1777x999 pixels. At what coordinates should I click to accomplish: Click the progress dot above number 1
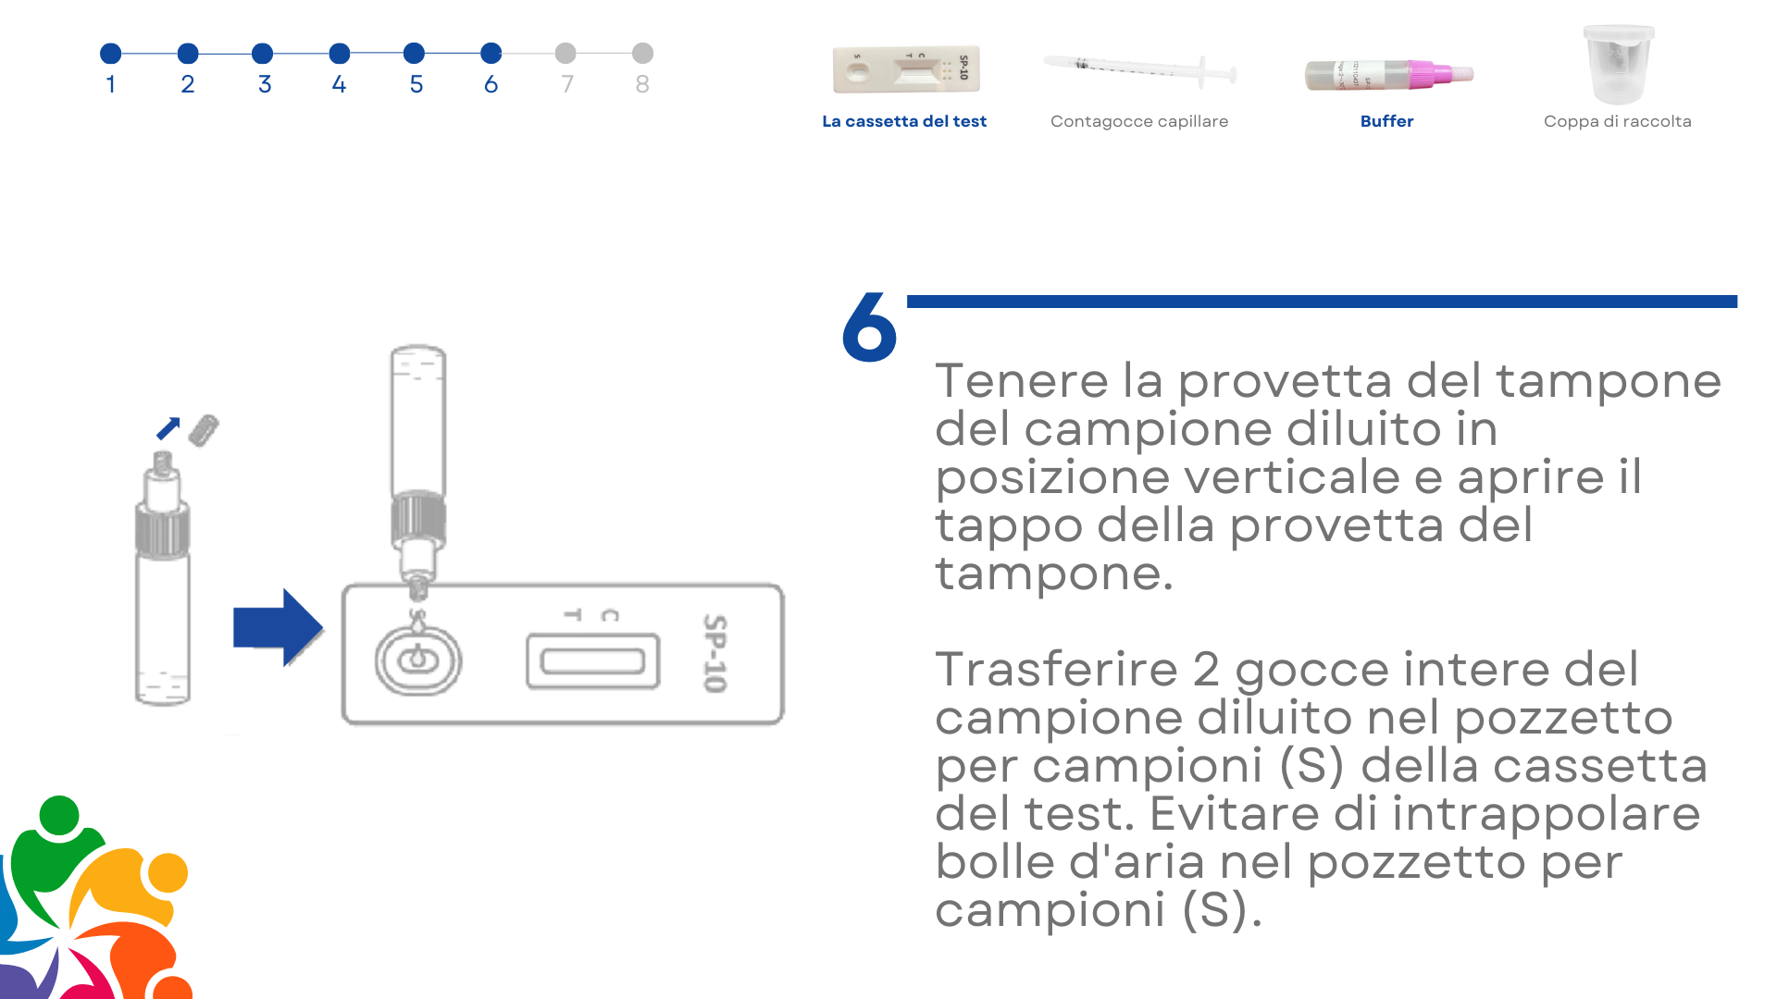click(x=111, y=54)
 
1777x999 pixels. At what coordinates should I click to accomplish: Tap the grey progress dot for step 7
click(x=565, y=54)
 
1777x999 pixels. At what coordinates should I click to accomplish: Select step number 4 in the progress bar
click(x=339, y=84)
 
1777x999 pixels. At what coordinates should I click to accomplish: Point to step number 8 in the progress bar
click(x=642, y=84)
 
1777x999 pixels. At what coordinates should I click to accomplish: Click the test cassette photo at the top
click(x=906, y=69)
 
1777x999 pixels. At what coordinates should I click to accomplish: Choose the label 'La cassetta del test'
click(x=904, y=121)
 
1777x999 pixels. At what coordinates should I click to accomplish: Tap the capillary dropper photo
click(x=1140, y=68)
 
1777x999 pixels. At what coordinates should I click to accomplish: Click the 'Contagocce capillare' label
click(x=1139, y=121)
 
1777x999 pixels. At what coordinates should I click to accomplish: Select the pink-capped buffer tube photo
click(x=1388, y=74)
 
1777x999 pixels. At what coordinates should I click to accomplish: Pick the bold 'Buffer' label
click(x=1386, y=121)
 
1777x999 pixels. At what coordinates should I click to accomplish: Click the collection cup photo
click(x=1618, y=65)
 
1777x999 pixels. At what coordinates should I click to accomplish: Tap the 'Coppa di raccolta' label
click(x=1617, y=121)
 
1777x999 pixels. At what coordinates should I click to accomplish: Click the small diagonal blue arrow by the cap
click(x=168, y=428)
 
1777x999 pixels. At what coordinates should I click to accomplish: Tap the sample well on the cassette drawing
click(x=417, y=660)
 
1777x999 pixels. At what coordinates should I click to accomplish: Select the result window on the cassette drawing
click(x=593, y=660)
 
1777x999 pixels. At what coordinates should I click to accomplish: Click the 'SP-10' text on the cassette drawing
click(x=714, y=653)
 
